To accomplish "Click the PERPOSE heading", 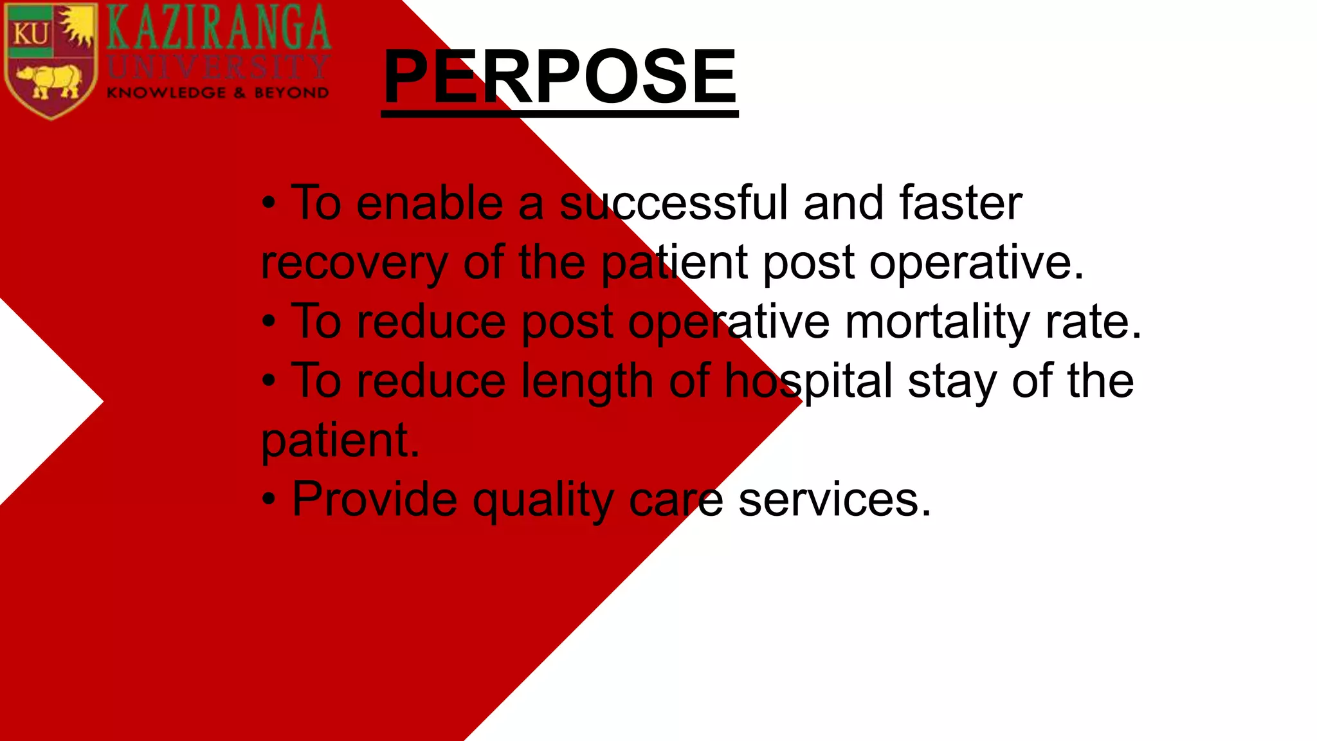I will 559,77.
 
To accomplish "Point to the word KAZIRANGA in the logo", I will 219,28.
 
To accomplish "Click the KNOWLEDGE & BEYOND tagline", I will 217,93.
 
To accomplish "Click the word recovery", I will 354,264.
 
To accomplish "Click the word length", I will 587,381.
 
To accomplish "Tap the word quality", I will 543,500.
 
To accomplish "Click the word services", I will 834,499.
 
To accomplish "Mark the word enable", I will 430,203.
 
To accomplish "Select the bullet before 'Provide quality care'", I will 269,500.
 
